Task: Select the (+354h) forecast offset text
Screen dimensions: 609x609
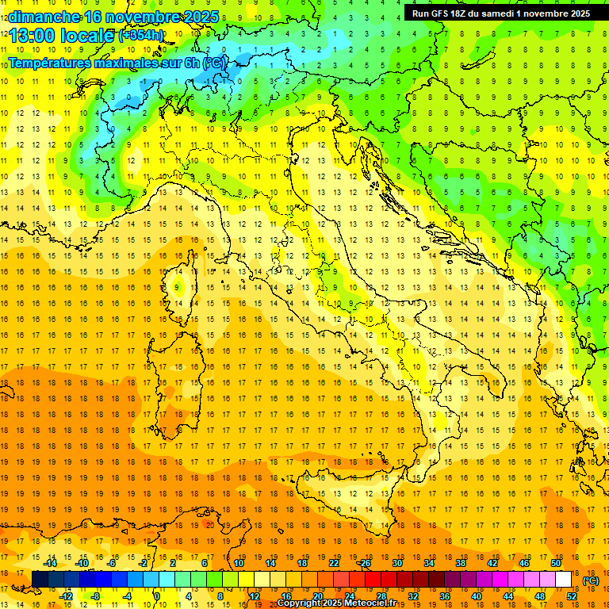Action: tap(140, 36)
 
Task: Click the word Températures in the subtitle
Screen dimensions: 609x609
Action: tap(48, 62)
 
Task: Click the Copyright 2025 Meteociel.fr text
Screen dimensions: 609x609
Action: tap(342, 603)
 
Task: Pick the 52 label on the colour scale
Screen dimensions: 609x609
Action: tap(572, 596)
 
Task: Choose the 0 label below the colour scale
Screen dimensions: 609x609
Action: tap(157, 596)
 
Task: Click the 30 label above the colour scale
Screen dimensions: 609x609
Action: tap(396, 562)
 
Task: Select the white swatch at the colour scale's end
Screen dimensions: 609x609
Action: tap(564, 579)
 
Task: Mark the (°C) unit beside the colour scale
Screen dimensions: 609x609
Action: tap(590, 580)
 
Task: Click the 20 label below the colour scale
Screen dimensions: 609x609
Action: tap(317, 596)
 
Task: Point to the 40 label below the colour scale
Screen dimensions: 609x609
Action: tap(476, 596)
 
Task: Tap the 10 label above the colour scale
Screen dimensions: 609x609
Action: tap(238, 562)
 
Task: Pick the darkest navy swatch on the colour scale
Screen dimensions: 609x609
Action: tap(40, 579)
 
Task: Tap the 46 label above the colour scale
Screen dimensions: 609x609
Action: tap(523, 562)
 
